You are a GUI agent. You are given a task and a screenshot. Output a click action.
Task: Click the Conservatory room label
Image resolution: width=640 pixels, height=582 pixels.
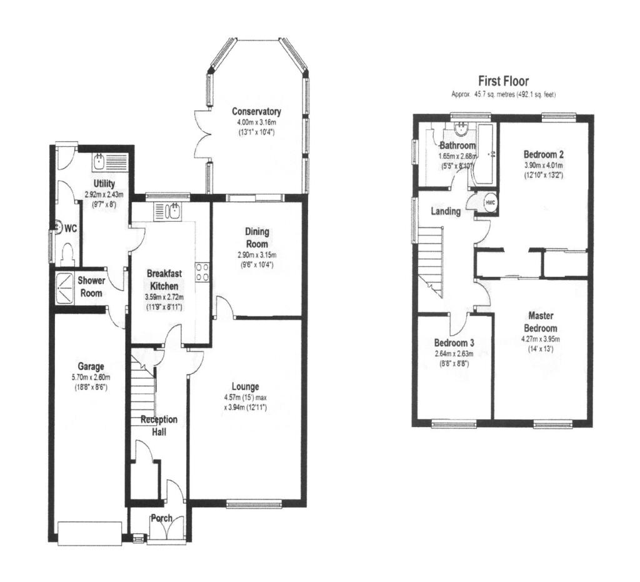point(256,112)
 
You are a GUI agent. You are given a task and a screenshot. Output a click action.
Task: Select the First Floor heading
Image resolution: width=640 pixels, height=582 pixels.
point(503,81)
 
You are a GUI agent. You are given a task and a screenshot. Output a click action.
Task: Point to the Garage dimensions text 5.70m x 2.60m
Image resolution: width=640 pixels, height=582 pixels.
point(91,377)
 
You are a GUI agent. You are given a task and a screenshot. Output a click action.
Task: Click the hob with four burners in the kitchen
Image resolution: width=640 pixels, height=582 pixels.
point(202,272)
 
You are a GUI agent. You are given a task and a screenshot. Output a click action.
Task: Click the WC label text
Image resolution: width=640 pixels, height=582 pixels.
point(71,229)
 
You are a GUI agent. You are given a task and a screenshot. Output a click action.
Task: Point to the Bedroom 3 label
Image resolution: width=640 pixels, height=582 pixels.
point(454,343)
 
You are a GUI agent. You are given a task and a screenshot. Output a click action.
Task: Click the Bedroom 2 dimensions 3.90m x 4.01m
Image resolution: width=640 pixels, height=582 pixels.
point(543,166)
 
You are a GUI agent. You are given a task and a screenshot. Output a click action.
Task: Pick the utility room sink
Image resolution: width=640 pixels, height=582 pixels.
point(100,162)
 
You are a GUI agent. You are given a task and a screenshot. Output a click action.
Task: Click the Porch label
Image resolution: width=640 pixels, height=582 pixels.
point(161,518)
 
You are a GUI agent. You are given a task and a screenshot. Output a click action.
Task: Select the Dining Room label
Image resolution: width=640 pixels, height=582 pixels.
point(257,238)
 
